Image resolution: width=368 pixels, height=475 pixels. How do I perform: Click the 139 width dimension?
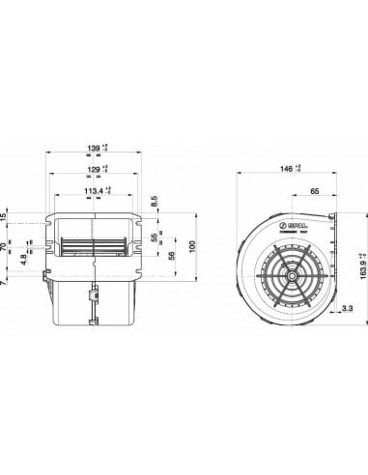coord(94,147)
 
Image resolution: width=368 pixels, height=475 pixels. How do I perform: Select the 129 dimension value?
coord(94,169)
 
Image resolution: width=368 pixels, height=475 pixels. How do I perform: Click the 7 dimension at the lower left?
coord(7,284)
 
